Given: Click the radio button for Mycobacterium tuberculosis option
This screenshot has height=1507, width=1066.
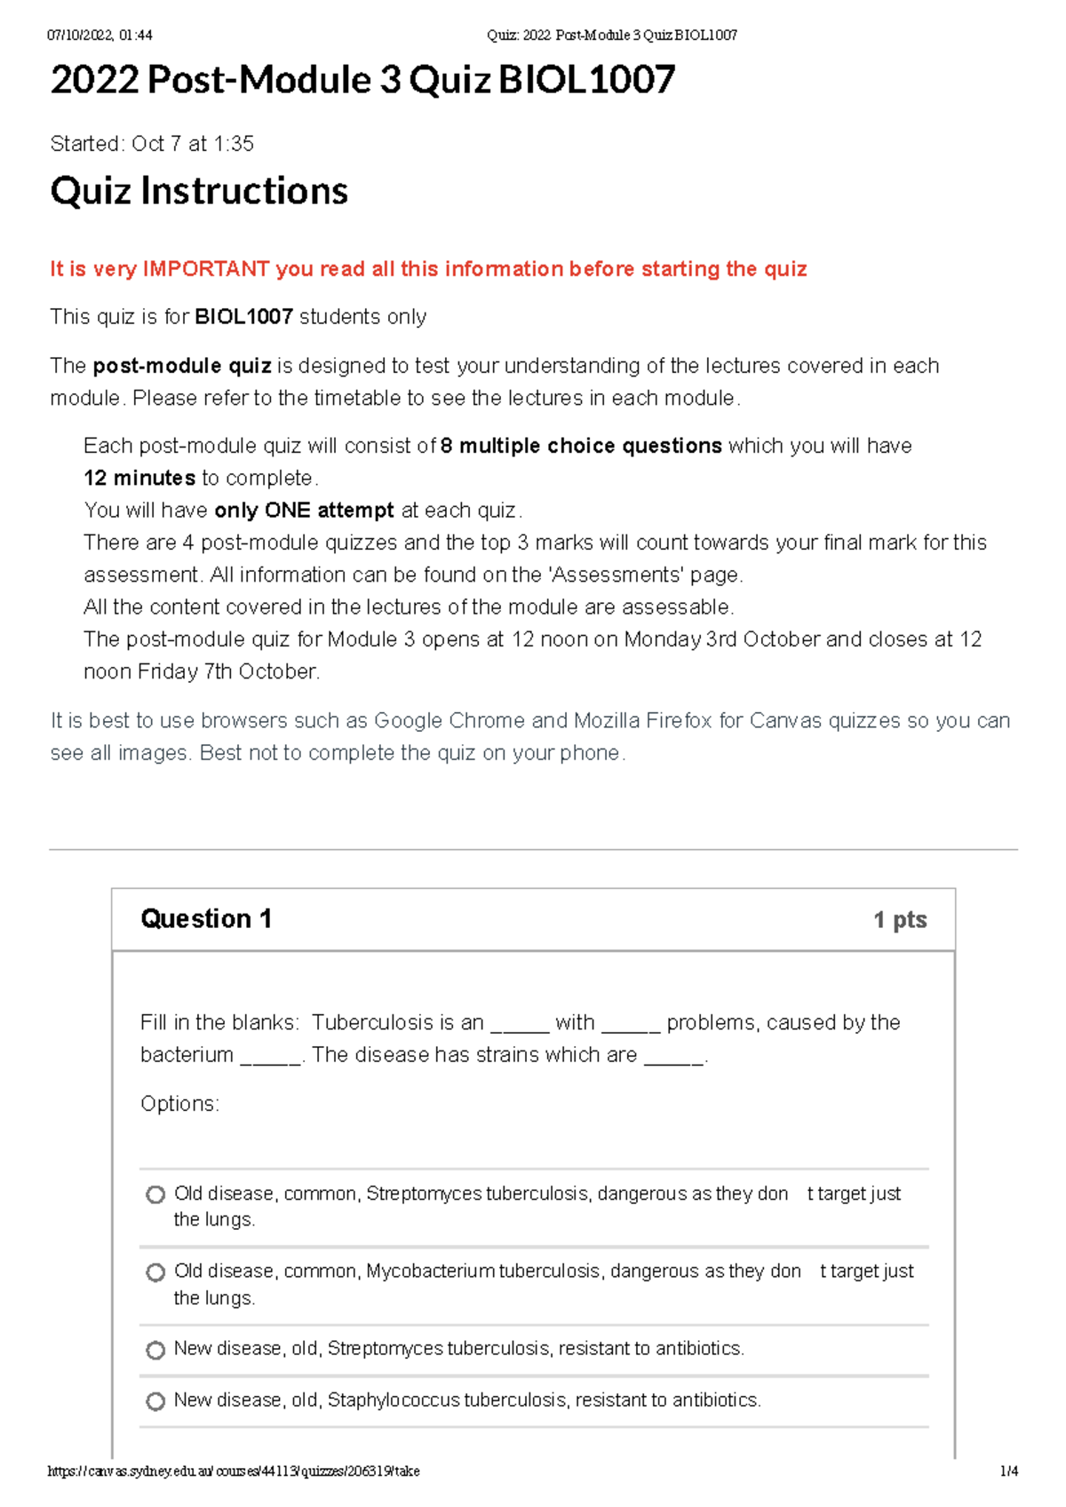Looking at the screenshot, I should pos(155,1273).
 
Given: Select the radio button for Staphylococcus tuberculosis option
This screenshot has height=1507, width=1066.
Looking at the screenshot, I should pos(155,1401).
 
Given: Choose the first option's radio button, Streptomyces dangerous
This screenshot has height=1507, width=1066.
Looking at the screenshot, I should pos(155,1194).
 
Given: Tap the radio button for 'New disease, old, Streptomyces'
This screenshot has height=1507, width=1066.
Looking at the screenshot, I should pos(155,1350).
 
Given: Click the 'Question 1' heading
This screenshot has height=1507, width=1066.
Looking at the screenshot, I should pos(206,918).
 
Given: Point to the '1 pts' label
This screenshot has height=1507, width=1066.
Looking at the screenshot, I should pos(899,920).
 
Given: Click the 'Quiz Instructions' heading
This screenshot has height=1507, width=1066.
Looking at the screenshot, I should pos(199,191).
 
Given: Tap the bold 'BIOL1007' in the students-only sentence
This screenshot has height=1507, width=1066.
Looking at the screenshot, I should pos(243,317).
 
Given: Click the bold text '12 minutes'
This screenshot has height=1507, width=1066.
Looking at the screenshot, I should pos(139,478).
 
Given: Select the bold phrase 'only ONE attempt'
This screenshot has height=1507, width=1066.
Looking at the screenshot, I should pos(304,510).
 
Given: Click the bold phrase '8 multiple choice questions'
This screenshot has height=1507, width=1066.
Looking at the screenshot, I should pos(581,446).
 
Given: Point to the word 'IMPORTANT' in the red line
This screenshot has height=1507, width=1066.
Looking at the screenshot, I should pos(206,269).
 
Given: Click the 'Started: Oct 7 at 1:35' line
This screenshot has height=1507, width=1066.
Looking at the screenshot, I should pos(152,144).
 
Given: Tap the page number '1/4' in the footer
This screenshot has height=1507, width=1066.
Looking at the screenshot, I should pos(1008,1471).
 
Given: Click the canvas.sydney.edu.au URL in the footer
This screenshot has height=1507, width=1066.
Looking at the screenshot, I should pos(233,1471).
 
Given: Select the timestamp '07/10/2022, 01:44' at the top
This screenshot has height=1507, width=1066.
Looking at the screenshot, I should pos(99,36).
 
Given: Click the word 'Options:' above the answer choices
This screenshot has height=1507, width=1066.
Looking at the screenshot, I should pos(179,1104).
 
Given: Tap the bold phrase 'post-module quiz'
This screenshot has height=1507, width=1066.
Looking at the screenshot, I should pos(182,366).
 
